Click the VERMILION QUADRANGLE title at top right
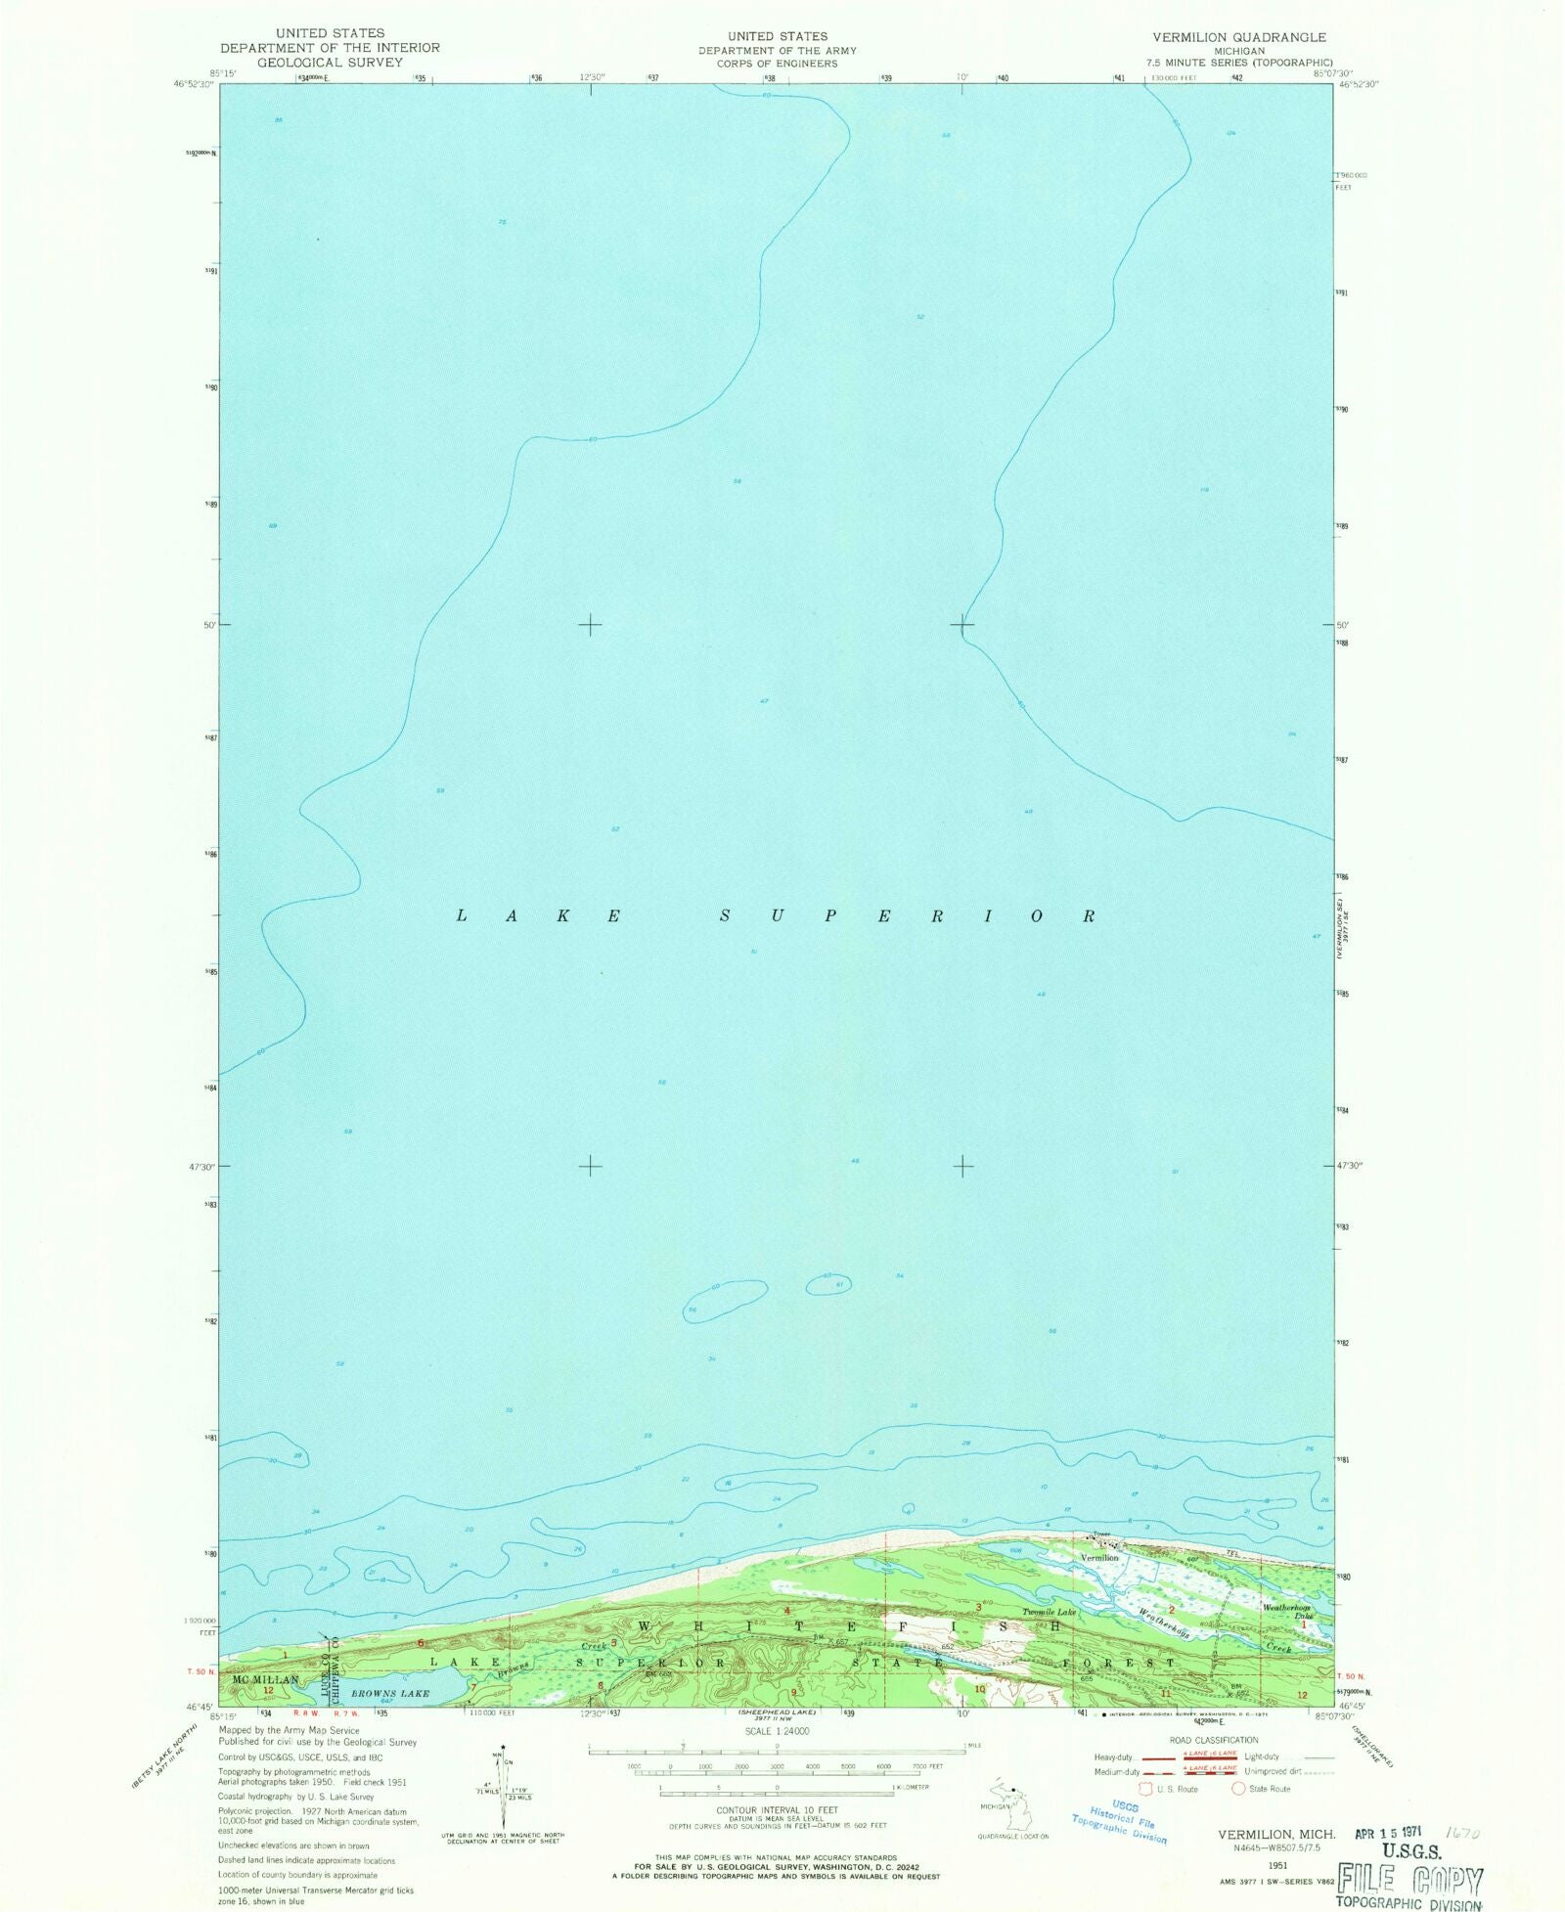1238,37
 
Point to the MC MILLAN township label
265,1679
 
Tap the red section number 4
785,1610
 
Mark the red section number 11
1166,1692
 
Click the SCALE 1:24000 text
777,1730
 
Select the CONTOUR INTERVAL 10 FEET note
777,1810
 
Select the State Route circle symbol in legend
1238,1788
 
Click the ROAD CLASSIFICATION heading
1214,1739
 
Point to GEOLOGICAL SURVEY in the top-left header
330,62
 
